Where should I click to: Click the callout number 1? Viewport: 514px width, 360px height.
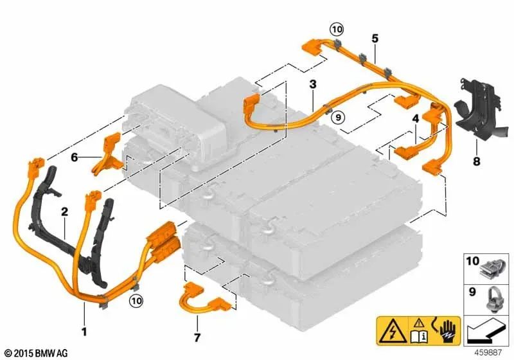coord(84,332)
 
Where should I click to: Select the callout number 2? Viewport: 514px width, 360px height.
coord(65,212)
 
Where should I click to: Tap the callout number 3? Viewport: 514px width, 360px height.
coord(313,84)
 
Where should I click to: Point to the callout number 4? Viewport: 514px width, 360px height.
coord(416,119)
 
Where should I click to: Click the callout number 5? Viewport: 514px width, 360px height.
coord(375,39)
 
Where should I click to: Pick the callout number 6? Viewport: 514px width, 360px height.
coord(75,157)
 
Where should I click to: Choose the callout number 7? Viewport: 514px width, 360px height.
coord(197,337)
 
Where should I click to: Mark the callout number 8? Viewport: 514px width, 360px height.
coord(476,161)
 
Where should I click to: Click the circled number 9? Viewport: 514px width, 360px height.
coord(339,116)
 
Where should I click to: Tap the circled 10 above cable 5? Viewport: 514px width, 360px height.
coord(337,30)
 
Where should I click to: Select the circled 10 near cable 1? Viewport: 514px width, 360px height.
coord(136,300)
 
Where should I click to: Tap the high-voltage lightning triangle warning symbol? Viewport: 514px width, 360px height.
coord(391,332)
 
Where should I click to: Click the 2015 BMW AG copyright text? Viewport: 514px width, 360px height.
coord(37,353)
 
